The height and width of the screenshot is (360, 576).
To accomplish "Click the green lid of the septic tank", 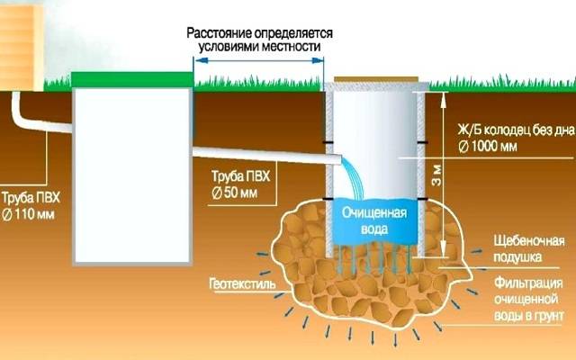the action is coord(132,79).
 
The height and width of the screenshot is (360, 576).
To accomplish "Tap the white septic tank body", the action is coord(132,175).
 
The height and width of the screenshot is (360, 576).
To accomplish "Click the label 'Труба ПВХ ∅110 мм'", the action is coord(30,206).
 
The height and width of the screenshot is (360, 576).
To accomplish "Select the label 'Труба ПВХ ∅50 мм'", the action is coord(240,184).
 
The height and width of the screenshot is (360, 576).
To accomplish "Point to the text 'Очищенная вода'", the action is coord(374,220).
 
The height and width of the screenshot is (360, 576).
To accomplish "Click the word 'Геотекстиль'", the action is coord(242,284).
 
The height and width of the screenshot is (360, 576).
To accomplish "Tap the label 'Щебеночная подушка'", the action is coord(528,249).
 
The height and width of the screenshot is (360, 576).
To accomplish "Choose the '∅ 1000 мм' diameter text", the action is coord(488,147).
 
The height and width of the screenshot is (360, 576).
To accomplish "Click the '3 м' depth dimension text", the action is coord(436,176).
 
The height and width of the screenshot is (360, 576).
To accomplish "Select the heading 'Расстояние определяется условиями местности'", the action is coord(260,40).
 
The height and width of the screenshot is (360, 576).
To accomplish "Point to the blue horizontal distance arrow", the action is coord(259,60).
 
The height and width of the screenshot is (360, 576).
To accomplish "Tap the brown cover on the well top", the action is coord(376,79).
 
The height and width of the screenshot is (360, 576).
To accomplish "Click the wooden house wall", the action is coord(22,46).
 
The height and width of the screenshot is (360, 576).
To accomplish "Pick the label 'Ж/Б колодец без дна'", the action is coord(516,130).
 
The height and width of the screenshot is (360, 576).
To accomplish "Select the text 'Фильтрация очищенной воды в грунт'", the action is coord(528,300).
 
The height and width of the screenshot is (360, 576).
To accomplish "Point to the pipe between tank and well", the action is coord(267,156).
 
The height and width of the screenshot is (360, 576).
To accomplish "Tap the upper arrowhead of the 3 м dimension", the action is coord(444,98).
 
